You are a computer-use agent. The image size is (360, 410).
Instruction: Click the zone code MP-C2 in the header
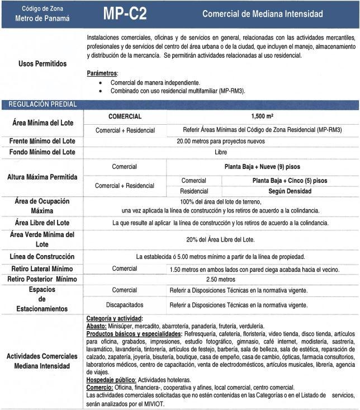tap(125, 14)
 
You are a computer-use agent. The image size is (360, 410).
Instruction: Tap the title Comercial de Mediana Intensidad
tap(263, 13)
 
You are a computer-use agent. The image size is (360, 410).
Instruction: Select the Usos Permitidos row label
tap(42, 64)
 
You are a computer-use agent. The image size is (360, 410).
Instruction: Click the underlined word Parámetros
tap(102, 73)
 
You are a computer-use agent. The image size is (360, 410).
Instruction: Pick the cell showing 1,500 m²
tap(262, 116)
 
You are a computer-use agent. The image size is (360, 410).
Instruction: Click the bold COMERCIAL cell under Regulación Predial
tap(125, 116)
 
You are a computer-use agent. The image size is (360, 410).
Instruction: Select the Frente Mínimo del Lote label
tap(42, 141)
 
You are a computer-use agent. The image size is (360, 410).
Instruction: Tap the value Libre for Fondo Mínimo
tap(220, 152)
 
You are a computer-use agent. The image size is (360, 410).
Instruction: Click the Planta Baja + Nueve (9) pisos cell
tap(262, 167)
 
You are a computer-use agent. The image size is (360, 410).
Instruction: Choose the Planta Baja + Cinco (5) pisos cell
tap(290, 181)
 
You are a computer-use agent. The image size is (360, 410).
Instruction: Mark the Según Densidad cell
tap(290, 191)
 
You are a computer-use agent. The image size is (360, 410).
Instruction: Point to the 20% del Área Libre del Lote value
tap(220, 239)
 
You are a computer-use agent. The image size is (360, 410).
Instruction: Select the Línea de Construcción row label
tap(42, 257)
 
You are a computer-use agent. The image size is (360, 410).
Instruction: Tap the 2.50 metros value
tap(220, 279)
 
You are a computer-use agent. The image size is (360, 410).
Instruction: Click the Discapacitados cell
tap(124, 305)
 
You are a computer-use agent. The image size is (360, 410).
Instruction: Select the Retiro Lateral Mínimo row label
tap(42, 268)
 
